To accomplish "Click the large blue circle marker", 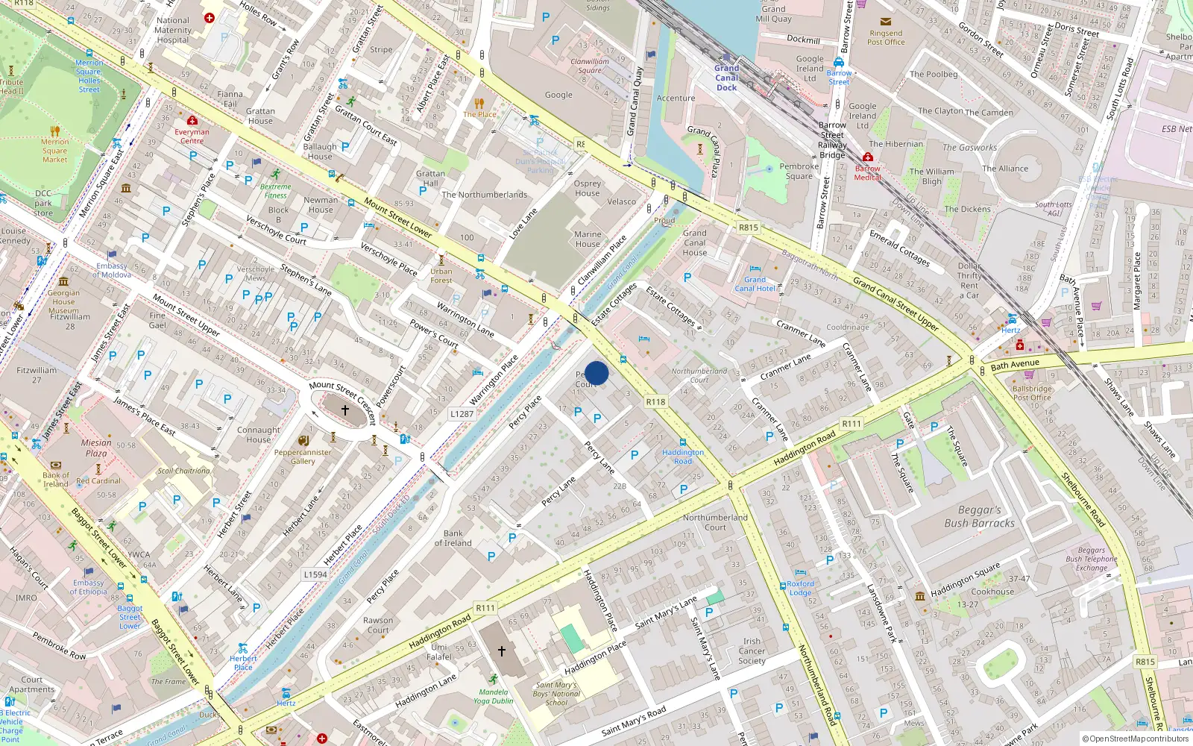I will click(x=596, y=373).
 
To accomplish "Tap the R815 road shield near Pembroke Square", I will click(x=748, y=228).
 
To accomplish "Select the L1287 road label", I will click(x=462, y=413).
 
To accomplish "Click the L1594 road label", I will click(x=315, y=574).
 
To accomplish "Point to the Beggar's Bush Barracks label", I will click(x=979, y=516).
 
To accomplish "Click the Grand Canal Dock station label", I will click(x=726, y=78).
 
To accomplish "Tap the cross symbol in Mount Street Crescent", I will click(x=345, y=410).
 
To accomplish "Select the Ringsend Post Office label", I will click(x=886, y=37).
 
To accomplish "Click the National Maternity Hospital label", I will click(x=173, y=31).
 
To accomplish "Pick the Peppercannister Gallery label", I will click(x=303, y=457).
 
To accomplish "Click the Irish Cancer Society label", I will click(x=752, y=651).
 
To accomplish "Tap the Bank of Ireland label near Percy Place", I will click(x=453, y=538).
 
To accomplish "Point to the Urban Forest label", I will click(x=441, y=275).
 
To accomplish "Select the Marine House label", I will click(x=588, y=239).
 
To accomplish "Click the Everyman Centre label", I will click(x=192, y=136).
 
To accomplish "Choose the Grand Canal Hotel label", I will click(x=755, y=284).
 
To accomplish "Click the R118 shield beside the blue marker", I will click(x=655, y=401).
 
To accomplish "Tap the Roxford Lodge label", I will click(x=800, y=588).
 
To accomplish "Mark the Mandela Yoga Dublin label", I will click(x=493, y=696).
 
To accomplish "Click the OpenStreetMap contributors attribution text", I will click(x=1136, y=739).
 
